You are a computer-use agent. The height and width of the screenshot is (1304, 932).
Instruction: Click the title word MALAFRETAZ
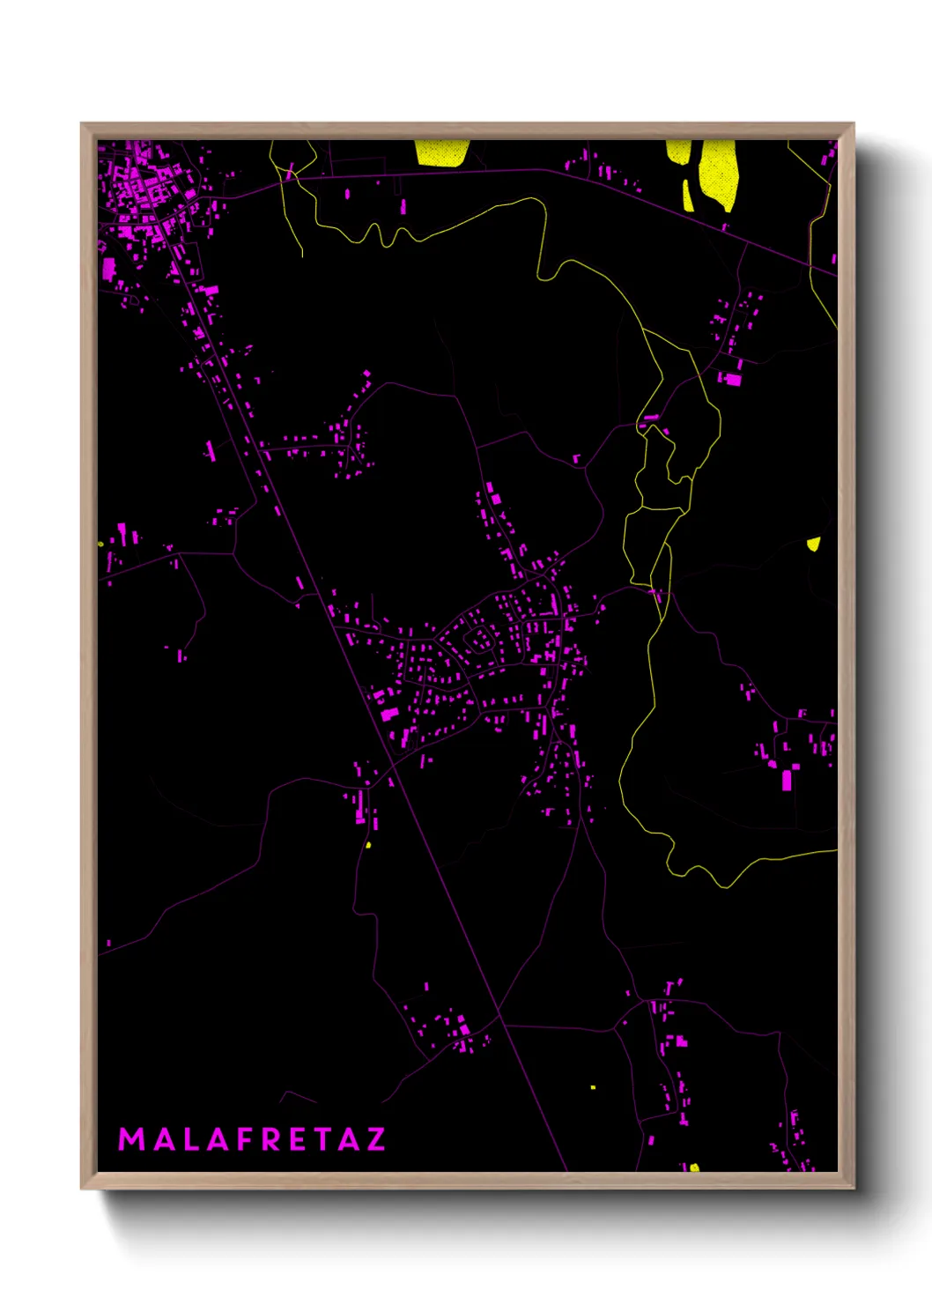click(252, 1139)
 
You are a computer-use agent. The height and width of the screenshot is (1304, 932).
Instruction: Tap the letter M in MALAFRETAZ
click(131, 1139)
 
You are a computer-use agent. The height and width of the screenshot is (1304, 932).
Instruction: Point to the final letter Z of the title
click(375, 1139)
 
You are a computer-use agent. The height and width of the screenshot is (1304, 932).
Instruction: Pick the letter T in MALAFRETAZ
click(322, 1139)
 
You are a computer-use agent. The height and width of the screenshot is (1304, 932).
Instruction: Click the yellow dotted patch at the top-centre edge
click(441, 152)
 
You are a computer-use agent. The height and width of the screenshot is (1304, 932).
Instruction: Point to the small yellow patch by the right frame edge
click(814, 544)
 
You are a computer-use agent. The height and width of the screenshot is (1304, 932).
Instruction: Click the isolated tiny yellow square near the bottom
click(593, 1087)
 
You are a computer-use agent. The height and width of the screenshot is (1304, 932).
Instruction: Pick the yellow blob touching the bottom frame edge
click(694, 1167)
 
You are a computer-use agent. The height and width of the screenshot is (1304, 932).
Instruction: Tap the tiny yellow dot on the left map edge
click(101, 544)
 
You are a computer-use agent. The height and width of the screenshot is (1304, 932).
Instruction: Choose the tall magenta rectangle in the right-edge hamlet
click(787, 780)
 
